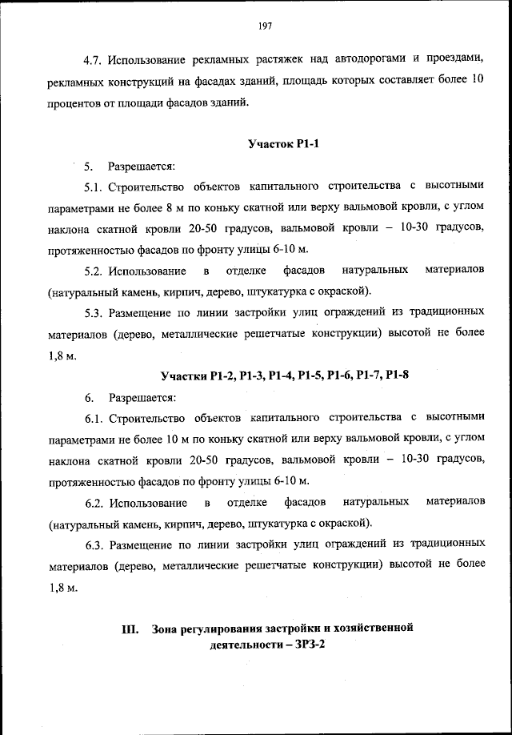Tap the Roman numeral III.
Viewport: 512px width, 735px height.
[131, 629]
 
